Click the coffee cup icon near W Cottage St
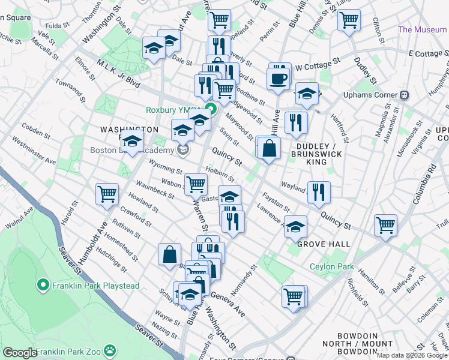pos(278,78)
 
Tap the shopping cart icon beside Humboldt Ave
pos(107,194)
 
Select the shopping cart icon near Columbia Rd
pos(385,225)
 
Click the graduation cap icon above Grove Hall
pos(295,227)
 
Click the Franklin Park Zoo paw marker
pos(109,350)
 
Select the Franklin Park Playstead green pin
pos(43,284)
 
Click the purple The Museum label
pos(423,29)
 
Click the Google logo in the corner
pos(19,353)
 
